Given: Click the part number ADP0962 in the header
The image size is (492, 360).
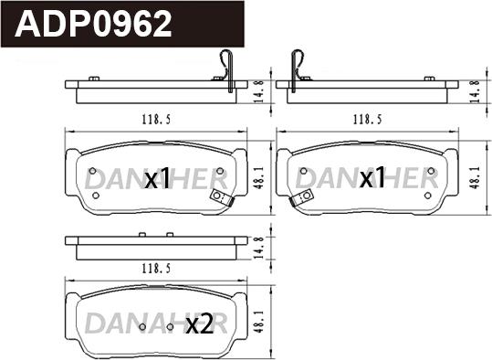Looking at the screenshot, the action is [93, 24].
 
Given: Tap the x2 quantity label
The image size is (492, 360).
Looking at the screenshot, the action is [200, 324].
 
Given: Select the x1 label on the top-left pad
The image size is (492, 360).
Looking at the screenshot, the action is [157, 178].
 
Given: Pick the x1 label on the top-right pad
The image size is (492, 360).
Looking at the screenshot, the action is [372, 177].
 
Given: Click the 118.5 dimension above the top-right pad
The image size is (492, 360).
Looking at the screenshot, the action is [368, 120].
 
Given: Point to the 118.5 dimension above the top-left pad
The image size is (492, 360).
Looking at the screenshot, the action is [156, 120].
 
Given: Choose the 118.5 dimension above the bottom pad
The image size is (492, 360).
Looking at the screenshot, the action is [156, 269].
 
